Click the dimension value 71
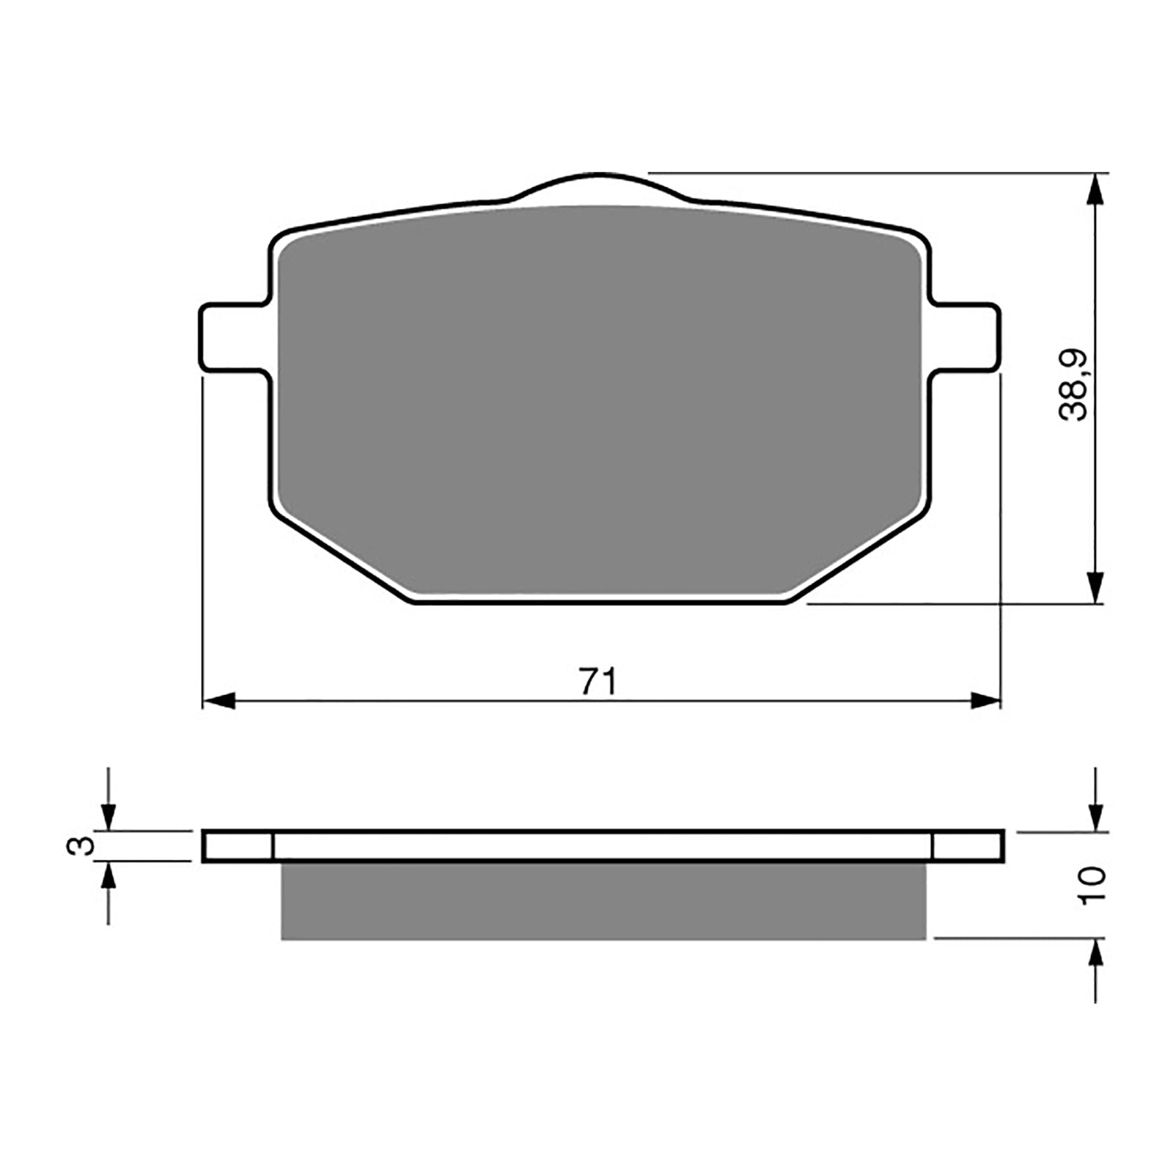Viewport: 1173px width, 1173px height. click(x=597, y=682)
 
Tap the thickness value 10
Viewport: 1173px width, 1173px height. click(x=1090, y=885)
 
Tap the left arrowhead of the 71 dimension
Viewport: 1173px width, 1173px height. click(x=218, y=701)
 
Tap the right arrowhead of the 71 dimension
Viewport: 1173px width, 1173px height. click(x=985, y=701)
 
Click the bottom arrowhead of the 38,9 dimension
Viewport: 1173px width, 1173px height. click(x=1095, y=586)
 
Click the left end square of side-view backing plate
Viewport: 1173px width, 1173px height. click(x=238, y=847)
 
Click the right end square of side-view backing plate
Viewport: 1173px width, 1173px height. click(x=968, y=847)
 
